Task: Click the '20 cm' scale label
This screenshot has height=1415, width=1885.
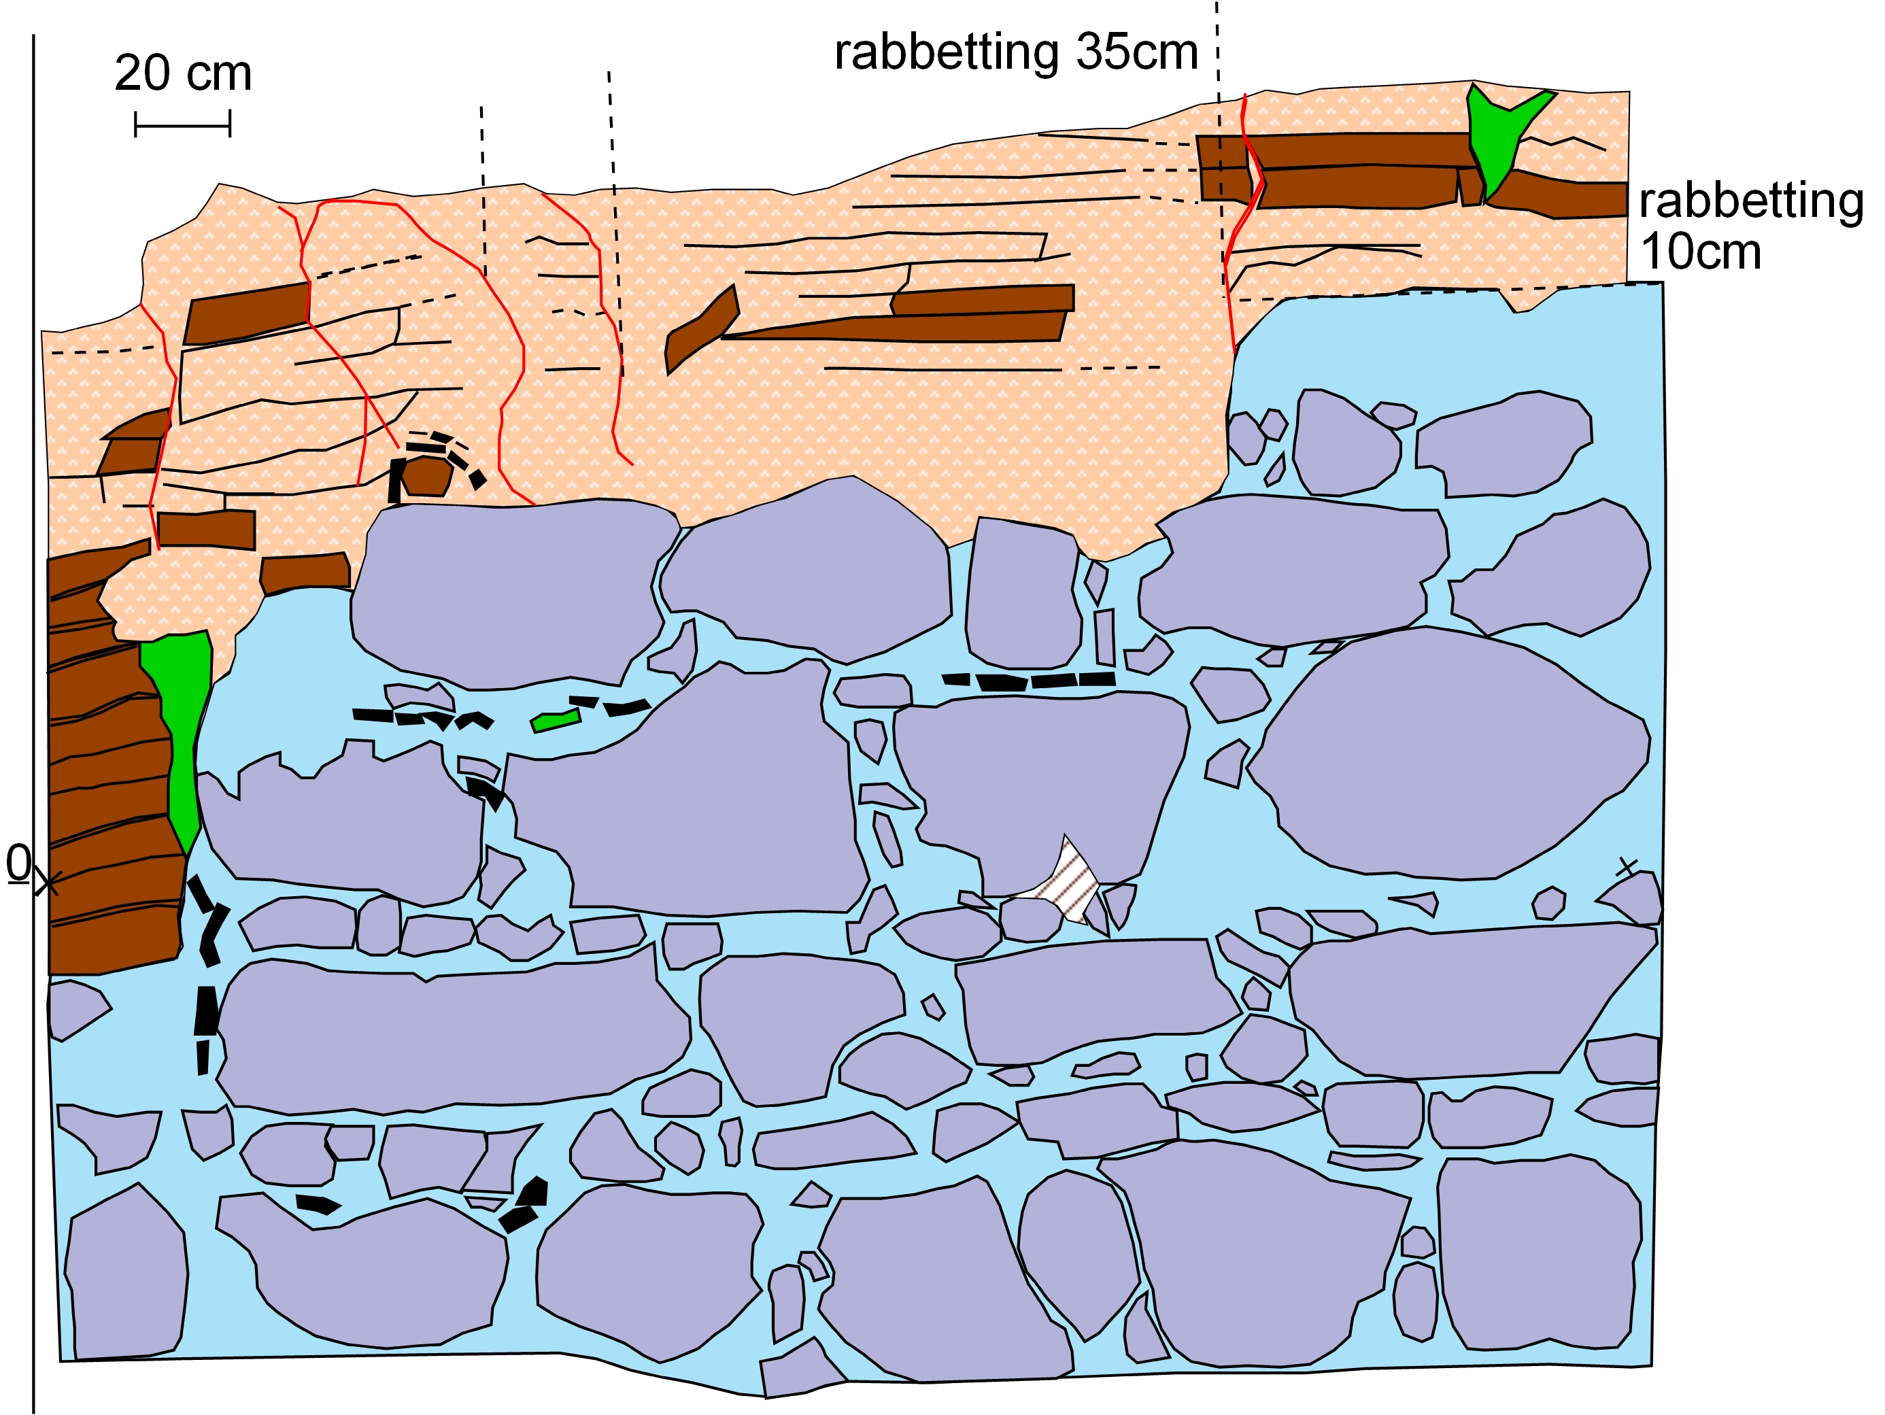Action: [x=183, y=73]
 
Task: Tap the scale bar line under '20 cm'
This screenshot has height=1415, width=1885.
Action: [x=182, y=125]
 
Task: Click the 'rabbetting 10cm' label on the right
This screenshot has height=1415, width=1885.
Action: [x=1748, y=226]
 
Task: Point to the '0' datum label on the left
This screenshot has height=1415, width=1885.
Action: [x=18, y=863]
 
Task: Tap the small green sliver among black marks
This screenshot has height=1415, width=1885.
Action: [x=556, y=721]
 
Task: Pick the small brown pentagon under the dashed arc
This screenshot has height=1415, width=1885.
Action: [x=426, y=475]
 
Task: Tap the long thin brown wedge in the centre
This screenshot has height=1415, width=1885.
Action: [x=895, y=327]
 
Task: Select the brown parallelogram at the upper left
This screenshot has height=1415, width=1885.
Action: [x=247, y=313]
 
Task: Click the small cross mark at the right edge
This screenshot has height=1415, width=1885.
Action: [x=1627, y=867]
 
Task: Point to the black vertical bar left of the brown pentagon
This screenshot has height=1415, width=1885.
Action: [x=395, y=481]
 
